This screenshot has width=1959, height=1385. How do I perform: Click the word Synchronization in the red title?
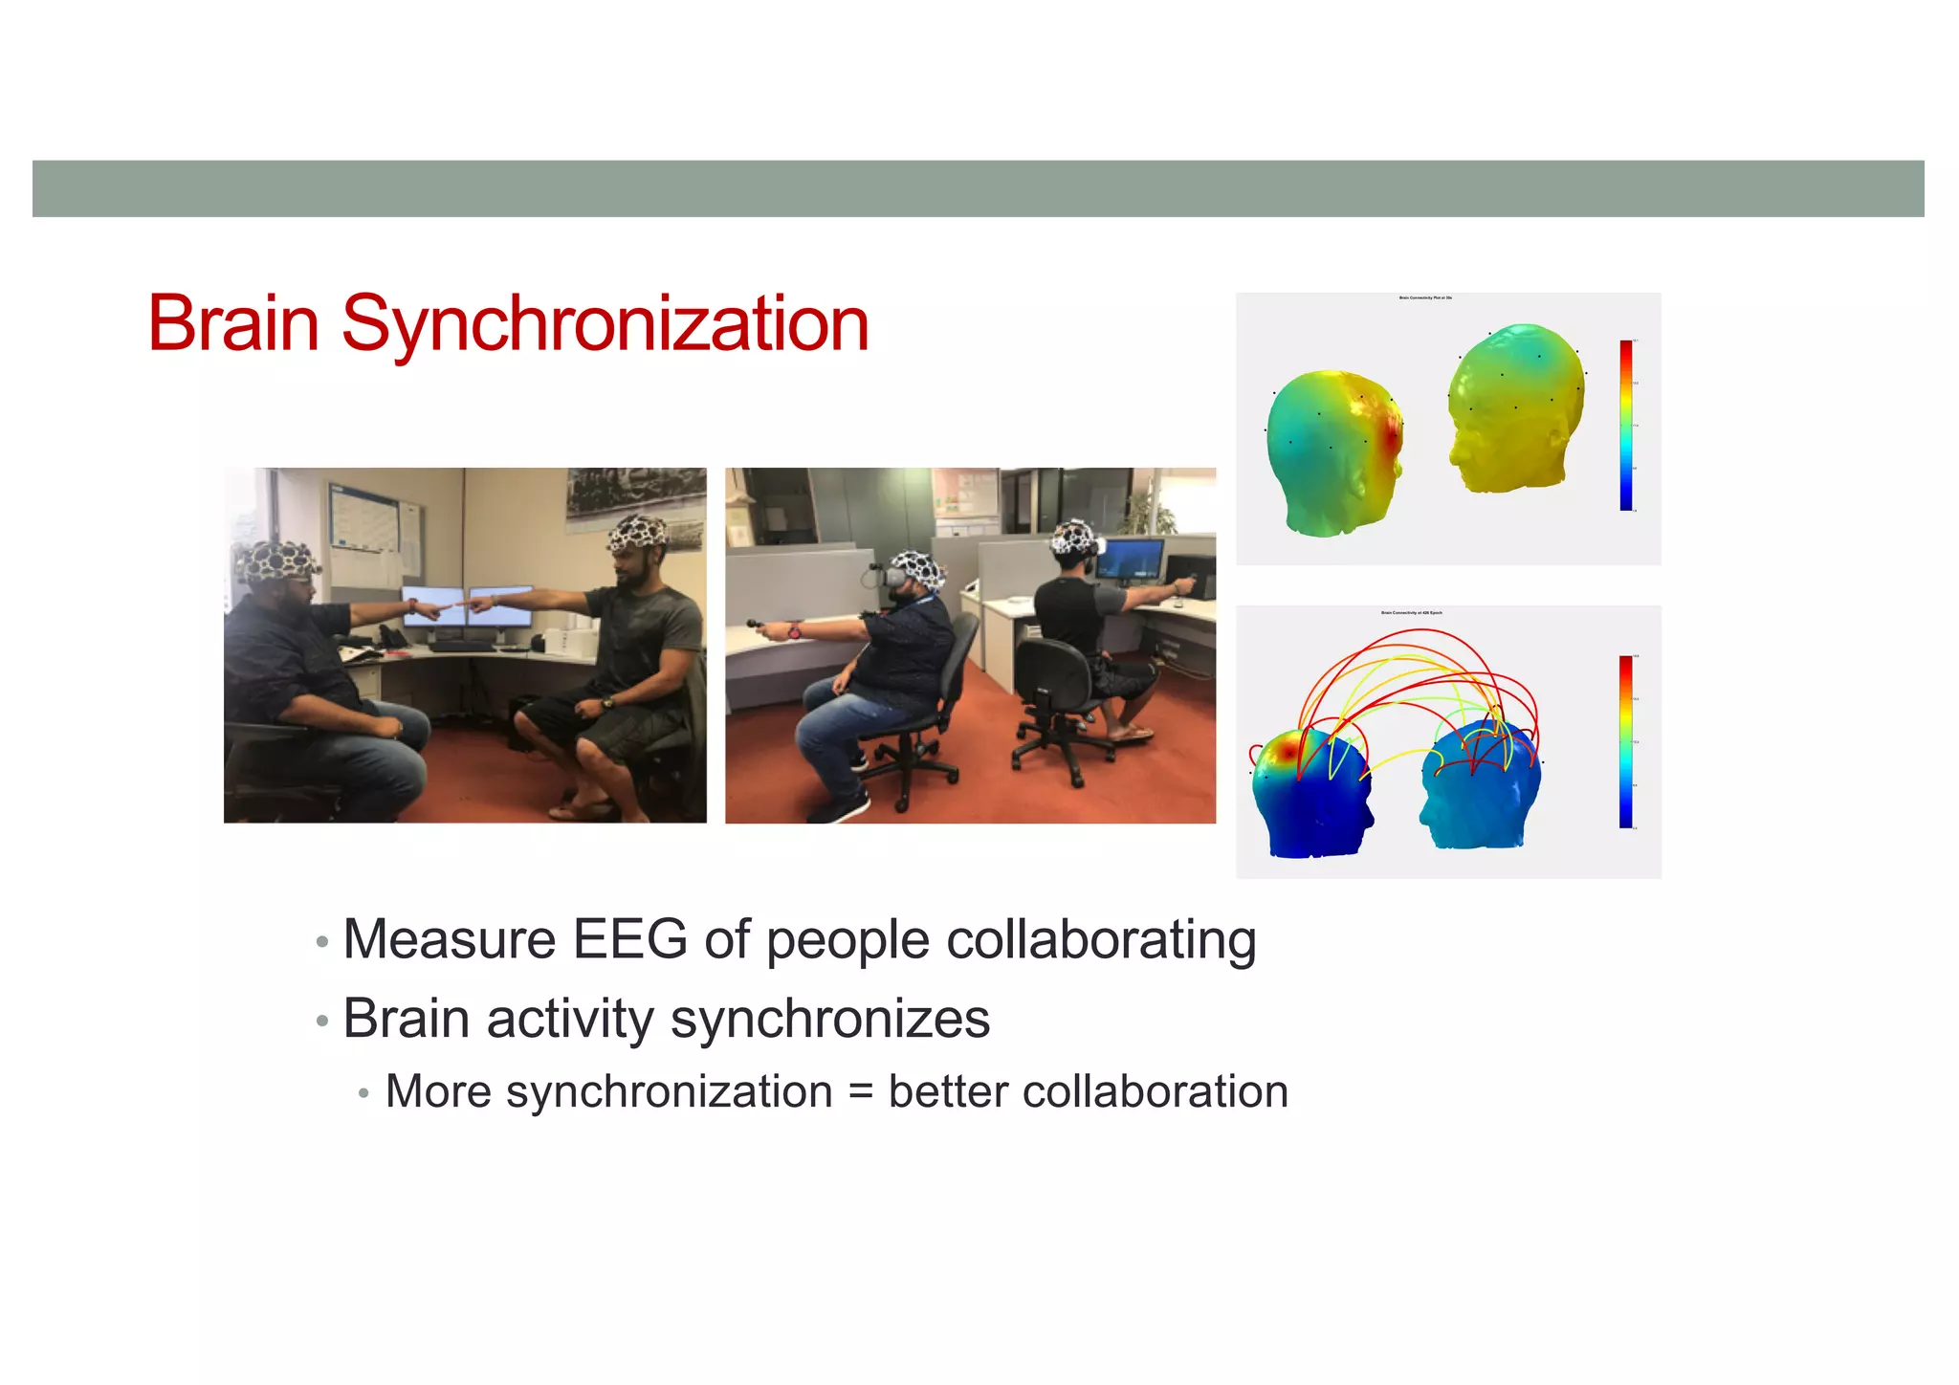[x=605, y=325]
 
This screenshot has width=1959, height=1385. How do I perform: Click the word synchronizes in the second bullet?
[x=829, y=1019]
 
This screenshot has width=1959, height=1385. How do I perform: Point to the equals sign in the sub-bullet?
[x=860, y=1092]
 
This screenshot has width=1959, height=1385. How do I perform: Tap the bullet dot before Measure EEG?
[x=322, y=943]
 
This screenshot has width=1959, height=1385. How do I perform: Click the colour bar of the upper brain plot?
[x=1625, y=425]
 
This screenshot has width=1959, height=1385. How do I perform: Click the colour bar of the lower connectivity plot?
[x=1625, y=741]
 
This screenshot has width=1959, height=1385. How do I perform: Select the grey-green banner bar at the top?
[x=978, y=188]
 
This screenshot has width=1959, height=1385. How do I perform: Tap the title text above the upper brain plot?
[x=1425, y=298]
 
